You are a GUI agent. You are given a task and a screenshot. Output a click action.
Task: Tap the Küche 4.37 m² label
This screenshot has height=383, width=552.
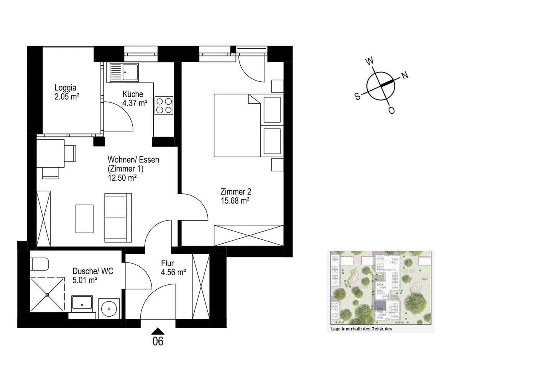pos(135,99)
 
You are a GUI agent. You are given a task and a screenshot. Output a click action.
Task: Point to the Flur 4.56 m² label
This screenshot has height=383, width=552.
pos(173,268)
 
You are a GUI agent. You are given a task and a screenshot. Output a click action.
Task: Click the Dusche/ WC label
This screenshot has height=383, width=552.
pos(93,271)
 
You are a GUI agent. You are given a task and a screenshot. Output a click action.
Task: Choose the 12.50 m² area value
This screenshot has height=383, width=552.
pos(122,178)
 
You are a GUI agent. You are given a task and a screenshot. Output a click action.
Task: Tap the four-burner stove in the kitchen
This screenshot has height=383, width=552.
pos(164,106)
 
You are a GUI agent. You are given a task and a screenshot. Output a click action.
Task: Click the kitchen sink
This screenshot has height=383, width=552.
pos(124,72)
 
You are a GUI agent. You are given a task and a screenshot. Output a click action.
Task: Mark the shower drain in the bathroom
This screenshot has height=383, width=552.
pos(47,294)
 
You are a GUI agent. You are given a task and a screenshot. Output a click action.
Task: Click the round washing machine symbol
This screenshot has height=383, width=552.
pos(109,309)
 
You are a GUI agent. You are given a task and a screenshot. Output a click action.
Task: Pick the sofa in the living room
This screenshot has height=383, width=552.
pos(118,218)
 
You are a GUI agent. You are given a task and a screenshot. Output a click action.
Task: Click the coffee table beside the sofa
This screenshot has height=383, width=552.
pos(84,219)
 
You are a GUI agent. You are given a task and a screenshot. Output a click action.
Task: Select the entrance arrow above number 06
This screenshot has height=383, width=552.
pos(158,331)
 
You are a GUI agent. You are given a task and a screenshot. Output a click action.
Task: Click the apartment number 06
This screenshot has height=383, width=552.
pos(158,341)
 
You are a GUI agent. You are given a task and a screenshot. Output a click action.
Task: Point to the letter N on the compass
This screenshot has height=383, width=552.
pos(405,75)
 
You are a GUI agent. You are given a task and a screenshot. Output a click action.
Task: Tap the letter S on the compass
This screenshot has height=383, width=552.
pos(357,96)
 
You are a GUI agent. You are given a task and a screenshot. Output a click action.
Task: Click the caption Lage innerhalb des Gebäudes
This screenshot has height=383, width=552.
pos(361,329)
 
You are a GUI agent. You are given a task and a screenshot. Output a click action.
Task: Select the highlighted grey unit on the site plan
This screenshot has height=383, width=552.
pos(380,306)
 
